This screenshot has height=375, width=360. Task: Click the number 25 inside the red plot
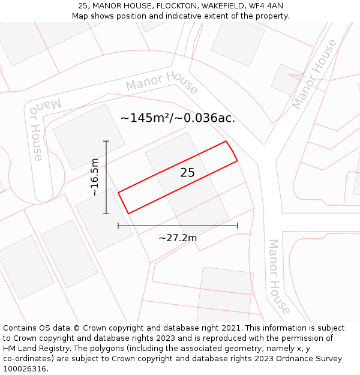(187, 173)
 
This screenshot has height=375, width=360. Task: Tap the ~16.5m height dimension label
(95, 177)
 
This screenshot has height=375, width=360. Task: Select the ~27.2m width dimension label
(178, 238)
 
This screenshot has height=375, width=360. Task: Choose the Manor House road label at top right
(315, 74)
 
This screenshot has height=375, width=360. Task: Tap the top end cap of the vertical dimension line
(106, 141)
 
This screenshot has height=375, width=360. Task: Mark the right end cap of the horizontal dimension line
(238, 226)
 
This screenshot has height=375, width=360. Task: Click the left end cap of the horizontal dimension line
(118, 226)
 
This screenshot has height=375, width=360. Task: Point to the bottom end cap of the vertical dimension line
(106, 214)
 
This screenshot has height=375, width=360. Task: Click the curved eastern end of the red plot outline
(232, 151)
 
